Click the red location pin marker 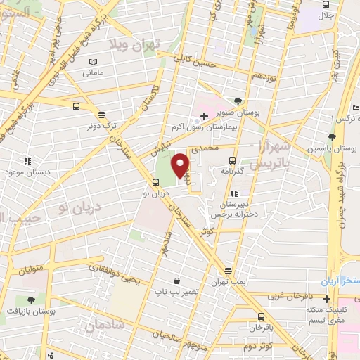180,165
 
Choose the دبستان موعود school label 26,172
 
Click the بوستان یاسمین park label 330,149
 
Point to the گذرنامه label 231,170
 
